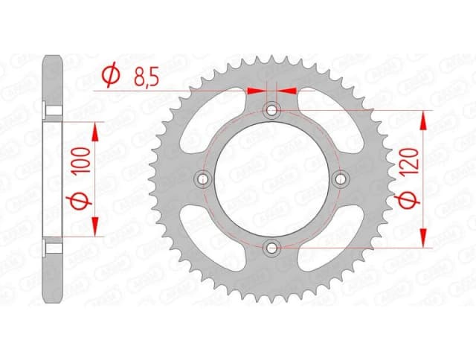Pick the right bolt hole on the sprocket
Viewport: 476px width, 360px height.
(341, 179)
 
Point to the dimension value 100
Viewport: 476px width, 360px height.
(83, 161)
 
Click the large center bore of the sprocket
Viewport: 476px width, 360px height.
(272, 179)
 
